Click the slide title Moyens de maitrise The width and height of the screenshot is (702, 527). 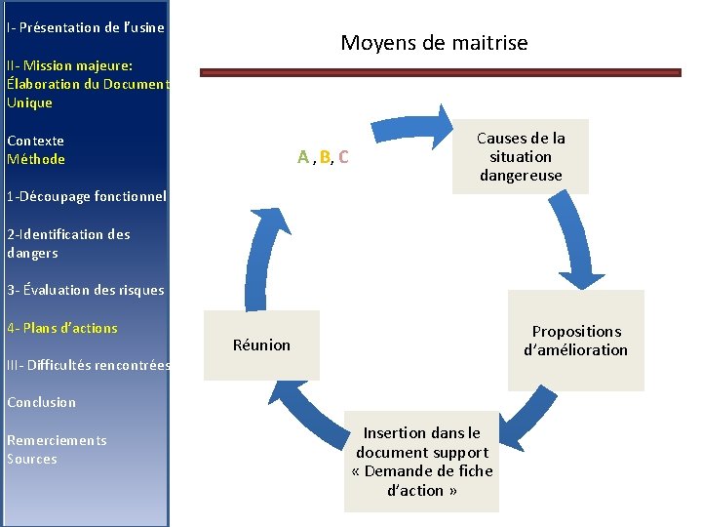pos(434,43)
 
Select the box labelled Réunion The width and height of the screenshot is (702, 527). pos(261,345)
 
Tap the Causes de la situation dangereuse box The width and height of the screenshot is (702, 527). pos(521,157)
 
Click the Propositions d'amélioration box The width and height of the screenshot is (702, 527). pos(575,341)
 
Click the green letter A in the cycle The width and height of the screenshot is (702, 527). pos(303,157)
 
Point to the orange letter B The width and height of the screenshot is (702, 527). pos(324,157)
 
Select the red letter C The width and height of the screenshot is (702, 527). pos(344,157)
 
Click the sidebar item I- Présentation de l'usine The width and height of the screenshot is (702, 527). pos(86,27)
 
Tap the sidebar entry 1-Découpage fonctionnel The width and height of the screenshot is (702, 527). pos(86,196)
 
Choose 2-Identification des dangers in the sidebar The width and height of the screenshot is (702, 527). pos(68,243)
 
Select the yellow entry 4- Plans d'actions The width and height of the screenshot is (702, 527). pos(61,328)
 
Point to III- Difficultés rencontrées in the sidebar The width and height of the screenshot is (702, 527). pos(88,365)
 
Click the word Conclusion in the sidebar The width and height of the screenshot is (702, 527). pos(41,402)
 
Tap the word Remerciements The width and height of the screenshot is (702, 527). pos(57,440)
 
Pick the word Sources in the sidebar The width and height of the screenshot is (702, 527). pos(32,459)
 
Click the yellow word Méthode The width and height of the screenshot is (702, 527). pos(36,159)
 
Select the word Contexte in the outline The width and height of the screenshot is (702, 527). pos(35,141)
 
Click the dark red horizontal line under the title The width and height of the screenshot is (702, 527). pos(440,72)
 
